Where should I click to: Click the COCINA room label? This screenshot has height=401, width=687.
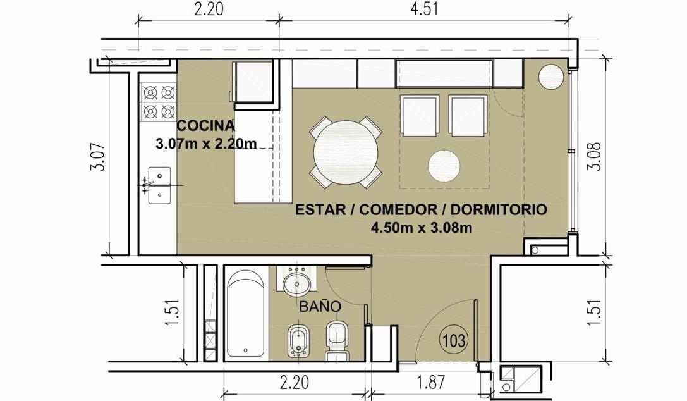tap(205, 126)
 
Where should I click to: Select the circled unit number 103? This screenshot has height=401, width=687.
tap(454, 340)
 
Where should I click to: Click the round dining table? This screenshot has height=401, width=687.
tap(346, 152)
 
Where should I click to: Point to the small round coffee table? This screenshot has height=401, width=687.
tap(444, 166)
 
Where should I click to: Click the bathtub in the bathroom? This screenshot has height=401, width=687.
tap(245, 314)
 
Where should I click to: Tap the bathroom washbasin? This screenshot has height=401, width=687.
tap(296, 282)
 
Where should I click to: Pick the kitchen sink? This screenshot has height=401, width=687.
tap(159, 185)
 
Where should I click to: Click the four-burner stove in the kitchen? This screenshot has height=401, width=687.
tap(159, 102)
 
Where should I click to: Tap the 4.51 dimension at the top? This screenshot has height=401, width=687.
tap(424, 9)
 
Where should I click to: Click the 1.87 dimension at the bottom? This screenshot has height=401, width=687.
tap(431, 382)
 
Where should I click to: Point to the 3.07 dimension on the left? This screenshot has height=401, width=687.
tap(98, 157)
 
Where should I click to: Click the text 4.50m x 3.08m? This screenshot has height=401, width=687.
tap(421, 228)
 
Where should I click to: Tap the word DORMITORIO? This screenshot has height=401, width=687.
tap(499, 209)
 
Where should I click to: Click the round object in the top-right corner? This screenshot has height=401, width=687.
tap(550, 77)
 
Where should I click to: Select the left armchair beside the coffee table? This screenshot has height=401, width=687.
tap(420, 116)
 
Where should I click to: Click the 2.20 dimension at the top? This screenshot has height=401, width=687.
tap(209, 9)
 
